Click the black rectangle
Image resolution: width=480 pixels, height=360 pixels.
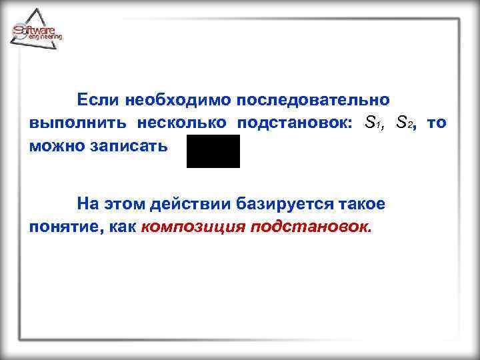[213, 151]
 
